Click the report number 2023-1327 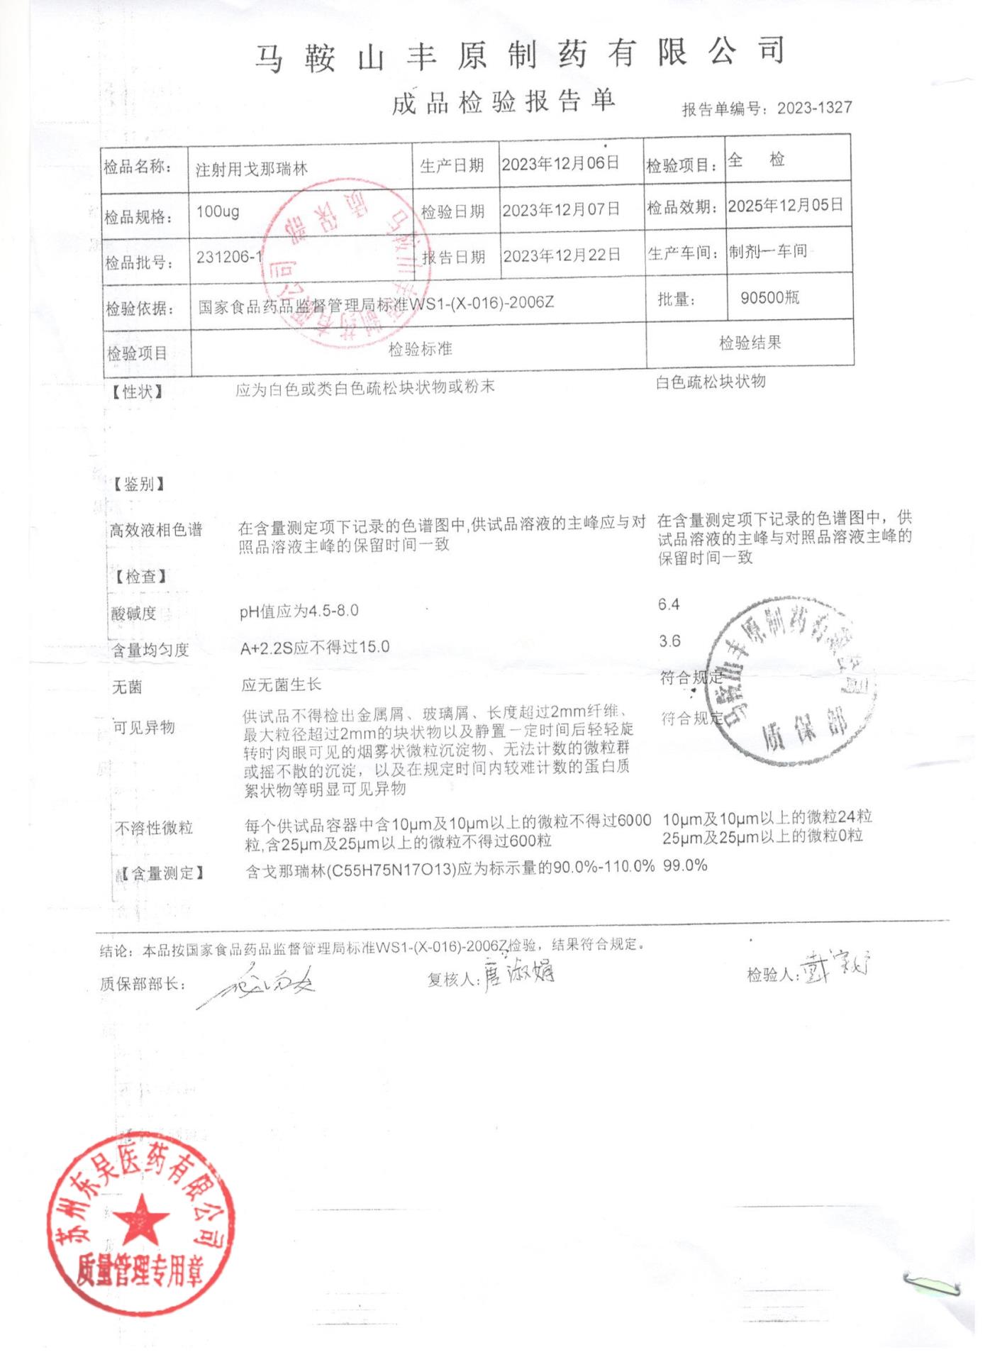pyautogui.click(x=813, y=108)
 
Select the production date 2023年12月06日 pyautogui.click(x=560, y=164)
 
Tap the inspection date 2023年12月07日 pyautogui.click(x=561, y=210)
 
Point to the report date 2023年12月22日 pyautogui.click(x=562, y=255)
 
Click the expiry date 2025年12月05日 pyautogui.click(x=785, y=206)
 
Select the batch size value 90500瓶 pyautogui.click(x=769, y=297)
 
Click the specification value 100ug pyautogui.click(x=218, y=211)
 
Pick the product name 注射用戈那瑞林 pyautogui.click(x=252, y=170)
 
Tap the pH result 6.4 pyautogui.click(x=668, y=604)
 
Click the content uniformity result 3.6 pyautogui.click(x=669, y=641)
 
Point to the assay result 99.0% pyautogui.click(x=684, y=865)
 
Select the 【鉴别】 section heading pyautogui.click(x=139, y=485)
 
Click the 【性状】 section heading pyautogui.click(x=138, y=392)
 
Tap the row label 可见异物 pyautogui.click(x=144, y=727)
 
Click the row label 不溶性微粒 pyautogui.click(x=154, y=828)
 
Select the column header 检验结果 pyautogui.click(x=750, y=343)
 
